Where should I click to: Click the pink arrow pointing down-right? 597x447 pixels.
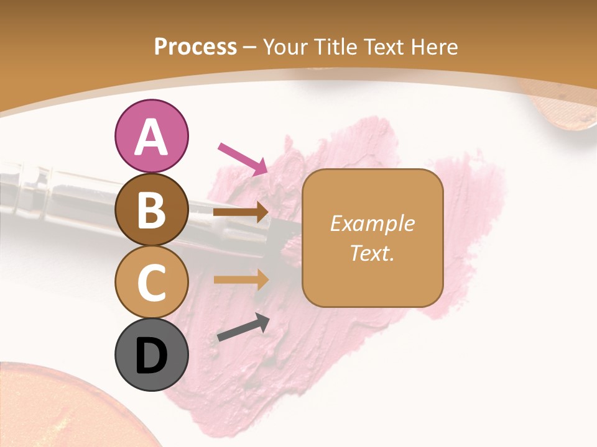point(243,158)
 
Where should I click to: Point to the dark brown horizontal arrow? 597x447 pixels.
point(241,212)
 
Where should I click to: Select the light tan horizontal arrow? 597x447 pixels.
point(241,280)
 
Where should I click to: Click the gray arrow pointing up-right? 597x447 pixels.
point(243,328)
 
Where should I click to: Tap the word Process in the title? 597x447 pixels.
point(195,47)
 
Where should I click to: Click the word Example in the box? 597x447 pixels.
point(372,223)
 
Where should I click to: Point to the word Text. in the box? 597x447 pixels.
point(372,253)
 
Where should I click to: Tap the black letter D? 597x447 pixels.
point(151,356)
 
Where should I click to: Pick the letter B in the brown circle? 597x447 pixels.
point(151,210)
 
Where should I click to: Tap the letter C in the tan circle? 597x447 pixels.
point(151,282)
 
